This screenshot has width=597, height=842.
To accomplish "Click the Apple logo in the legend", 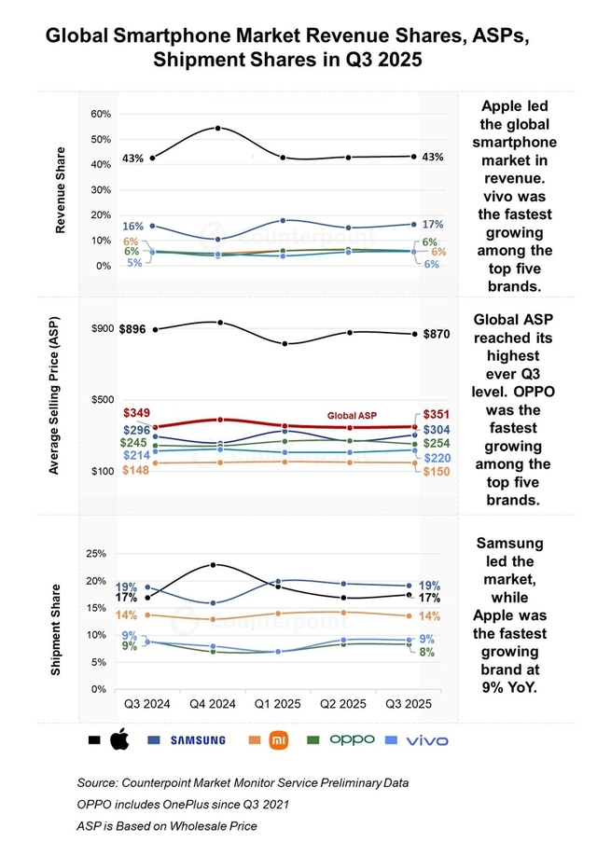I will (x=118, y=740).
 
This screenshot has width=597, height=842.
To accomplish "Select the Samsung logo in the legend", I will (x=197, y=740).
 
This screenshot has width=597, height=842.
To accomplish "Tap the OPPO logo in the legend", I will (x=352, y=739).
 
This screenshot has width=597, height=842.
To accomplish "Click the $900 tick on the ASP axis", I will (x=102, y=329).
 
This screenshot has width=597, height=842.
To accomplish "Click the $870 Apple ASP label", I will (x=438, y=334).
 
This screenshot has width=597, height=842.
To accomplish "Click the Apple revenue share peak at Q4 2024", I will (x=218, y=128).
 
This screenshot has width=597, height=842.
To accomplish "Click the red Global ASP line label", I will (x=353, y=414).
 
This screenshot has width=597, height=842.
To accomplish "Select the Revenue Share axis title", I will (x=61, y=189).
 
